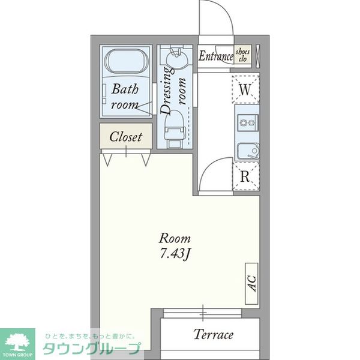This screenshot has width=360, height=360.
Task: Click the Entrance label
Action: coord(215,57)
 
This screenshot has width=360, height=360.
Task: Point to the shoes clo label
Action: coord(243,56)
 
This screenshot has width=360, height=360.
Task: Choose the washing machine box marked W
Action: coord(245,89)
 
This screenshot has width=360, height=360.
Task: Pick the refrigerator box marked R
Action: coord(245,176)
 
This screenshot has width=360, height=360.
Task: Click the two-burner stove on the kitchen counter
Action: coord(246,124)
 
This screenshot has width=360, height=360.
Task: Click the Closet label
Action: coord(125,137)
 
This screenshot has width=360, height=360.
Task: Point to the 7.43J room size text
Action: coord(175,253)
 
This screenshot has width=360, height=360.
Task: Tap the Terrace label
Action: coord(213,334)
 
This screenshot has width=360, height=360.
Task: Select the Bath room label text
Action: coord(125,97)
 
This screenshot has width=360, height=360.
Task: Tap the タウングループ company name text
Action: coord(91,349)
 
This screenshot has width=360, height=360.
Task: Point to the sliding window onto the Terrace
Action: coord(204,313)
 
